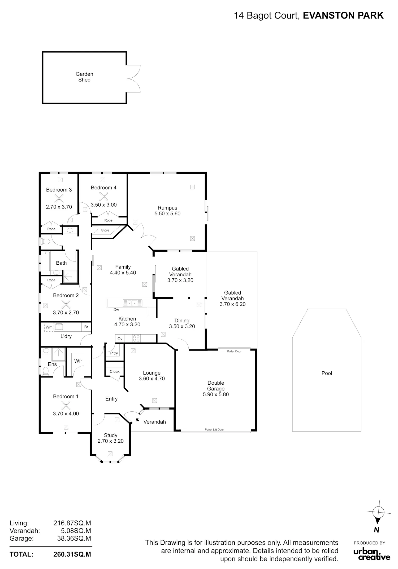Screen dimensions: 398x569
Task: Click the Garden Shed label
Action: tap(84, 77)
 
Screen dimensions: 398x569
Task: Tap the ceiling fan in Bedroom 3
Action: tap(59, 198)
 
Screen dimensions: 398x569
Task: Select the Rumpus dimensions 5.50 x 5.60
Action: tap(167, 214)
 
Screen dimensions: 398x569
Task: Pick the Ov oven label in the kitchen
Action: tap(120, 339)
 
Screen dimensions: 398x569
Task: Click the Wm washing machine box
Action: tap(49, 327)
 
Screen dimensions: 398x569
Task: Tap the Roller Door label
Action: tap(234, 351)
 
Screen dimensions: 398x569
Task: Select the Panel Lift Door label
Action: tap(214, 429)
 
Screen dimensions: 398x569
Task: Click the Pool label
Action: tap(327, 373)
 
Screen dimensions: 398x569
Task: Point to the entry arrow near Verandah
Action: tap(137, 420)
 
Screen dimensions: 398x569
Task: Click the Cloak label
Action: tap(115, 371)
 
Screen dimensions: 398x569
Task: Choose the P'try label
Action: tap(114, 353)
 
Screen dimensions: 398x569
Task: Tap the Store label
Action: tap(105, 230)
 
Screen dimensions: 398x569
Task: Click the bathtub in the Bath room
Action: tap(46, 261)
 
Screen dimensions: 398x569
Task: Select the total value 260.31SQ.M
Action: tap(72, 554)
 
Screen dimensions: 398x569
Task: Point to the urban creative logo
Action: tap(372, 554)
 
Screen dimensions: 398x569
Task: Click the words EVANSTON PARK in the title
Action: tap(343, 16)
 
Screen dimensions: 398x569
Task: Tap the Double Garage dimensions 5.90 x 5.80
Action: tap(216, 394)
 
